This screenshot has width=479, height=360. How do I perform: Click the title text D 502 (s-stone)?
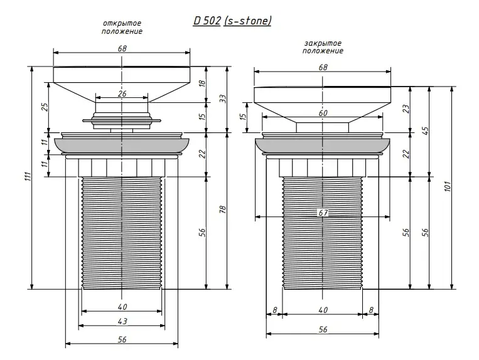click(x=232, y=21)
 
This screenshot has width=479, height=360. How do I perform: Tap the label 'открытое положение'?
click(x=122, y=28)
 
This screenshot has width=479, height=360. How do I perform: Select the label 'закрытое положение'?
click(x=322, y=47)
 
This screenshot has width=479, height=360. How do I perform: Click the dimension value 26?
click(x=122, y=94)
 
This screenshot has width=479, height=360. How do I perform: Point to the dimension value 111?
click(x=26, y=178)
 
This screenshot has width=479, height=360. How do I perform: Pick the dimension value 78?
click(x=222, y=211)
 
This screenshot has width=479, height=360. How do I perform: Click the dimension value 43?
click(x=122, y=321)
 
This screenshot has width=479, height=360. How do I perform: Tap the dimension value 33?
click(x=222, y=99)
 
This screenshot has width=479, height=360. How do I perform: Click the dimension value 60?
click(x=323, y=114)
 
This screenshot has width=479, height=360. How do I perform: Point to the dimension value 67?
click(x=323, y=213)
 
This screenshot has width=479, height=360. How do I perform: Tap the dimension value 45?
click(x=424, y=130)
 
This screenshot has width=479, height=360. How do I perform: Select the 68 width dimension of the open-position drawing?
click(x=122, y=48)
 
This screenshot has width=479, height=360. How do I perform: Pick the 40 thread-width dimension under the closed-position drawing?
click(x=323, y=309)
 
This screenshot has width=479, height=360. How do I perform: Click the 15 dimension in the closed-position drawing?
click(x=243, y=117)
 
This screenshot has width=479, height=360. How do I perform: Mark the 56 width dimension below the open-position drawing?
click(x=122, y=339)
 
